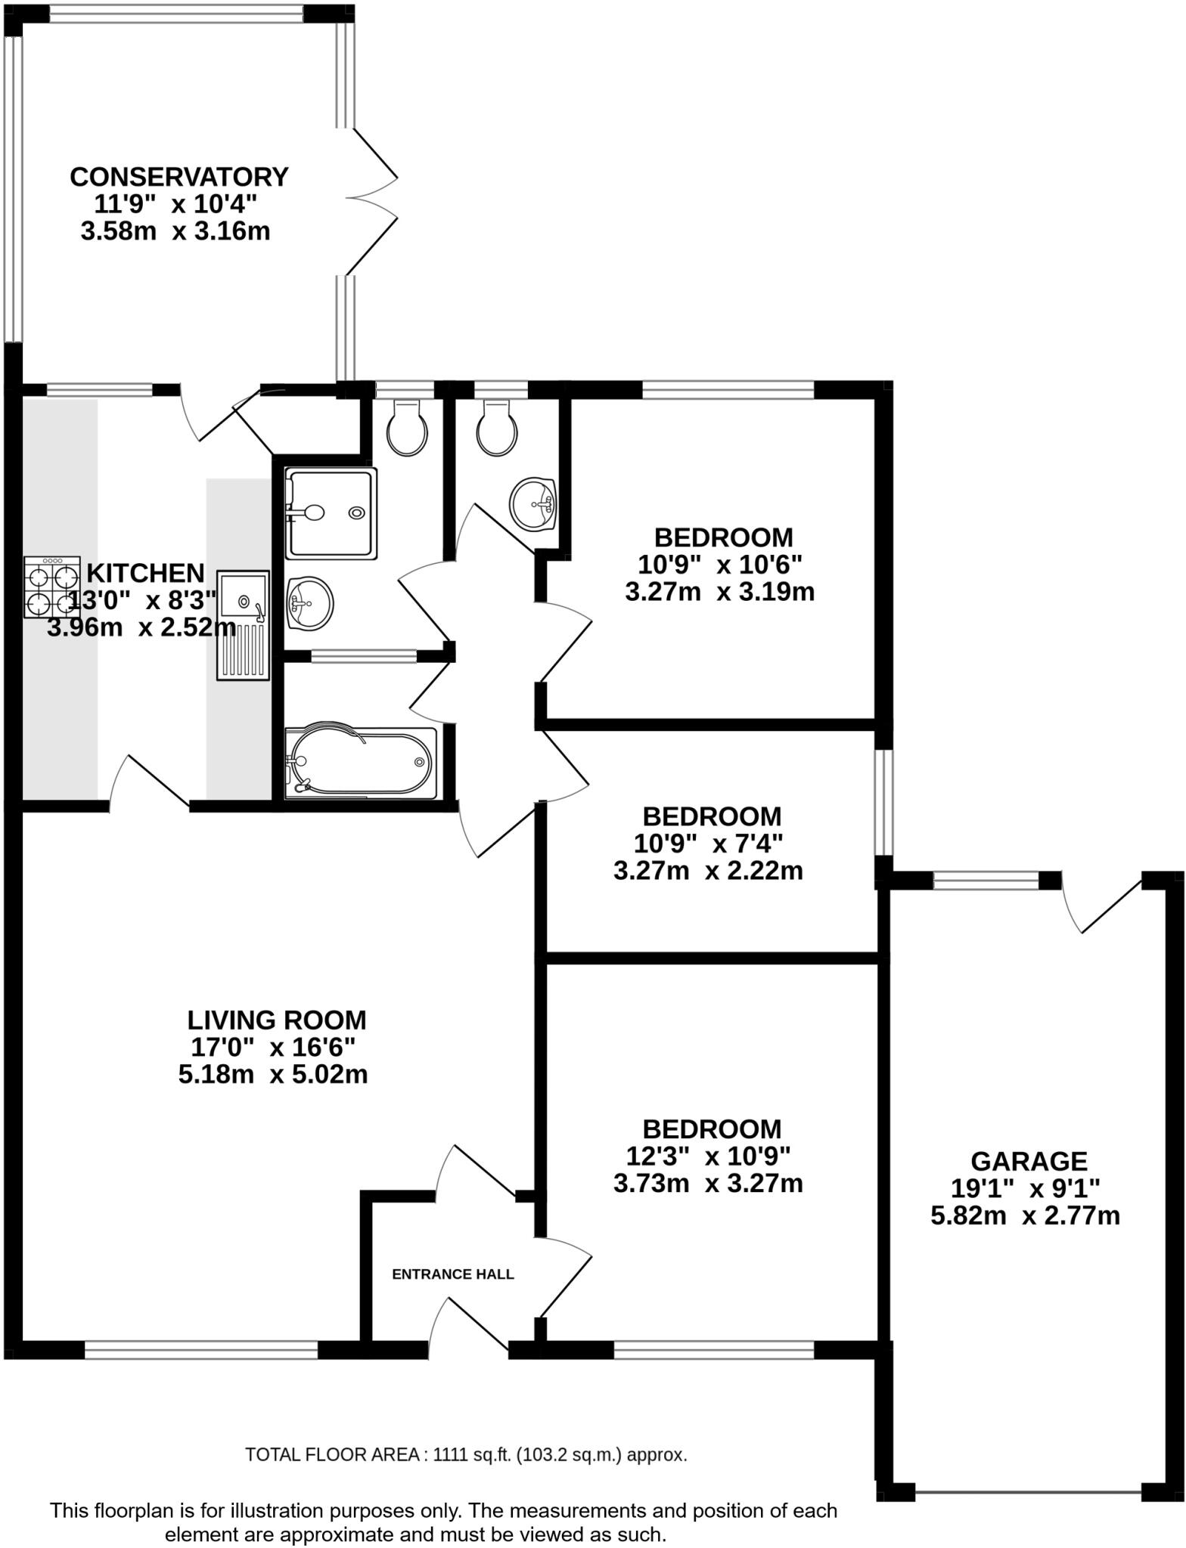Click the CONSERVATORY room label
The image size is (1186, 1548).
tap(179, 176)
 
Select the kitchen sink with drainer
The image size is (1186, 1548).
tap(244, 624)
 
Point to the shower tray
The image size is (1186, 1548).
tap(330, 514)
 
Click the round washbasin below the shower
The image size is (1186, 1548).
tap(310, 602)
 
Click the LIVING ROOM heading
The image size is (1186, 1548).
tap(276, 1020)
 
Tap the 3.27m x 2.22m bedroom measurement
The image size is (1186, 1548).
tap(707, 872)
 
